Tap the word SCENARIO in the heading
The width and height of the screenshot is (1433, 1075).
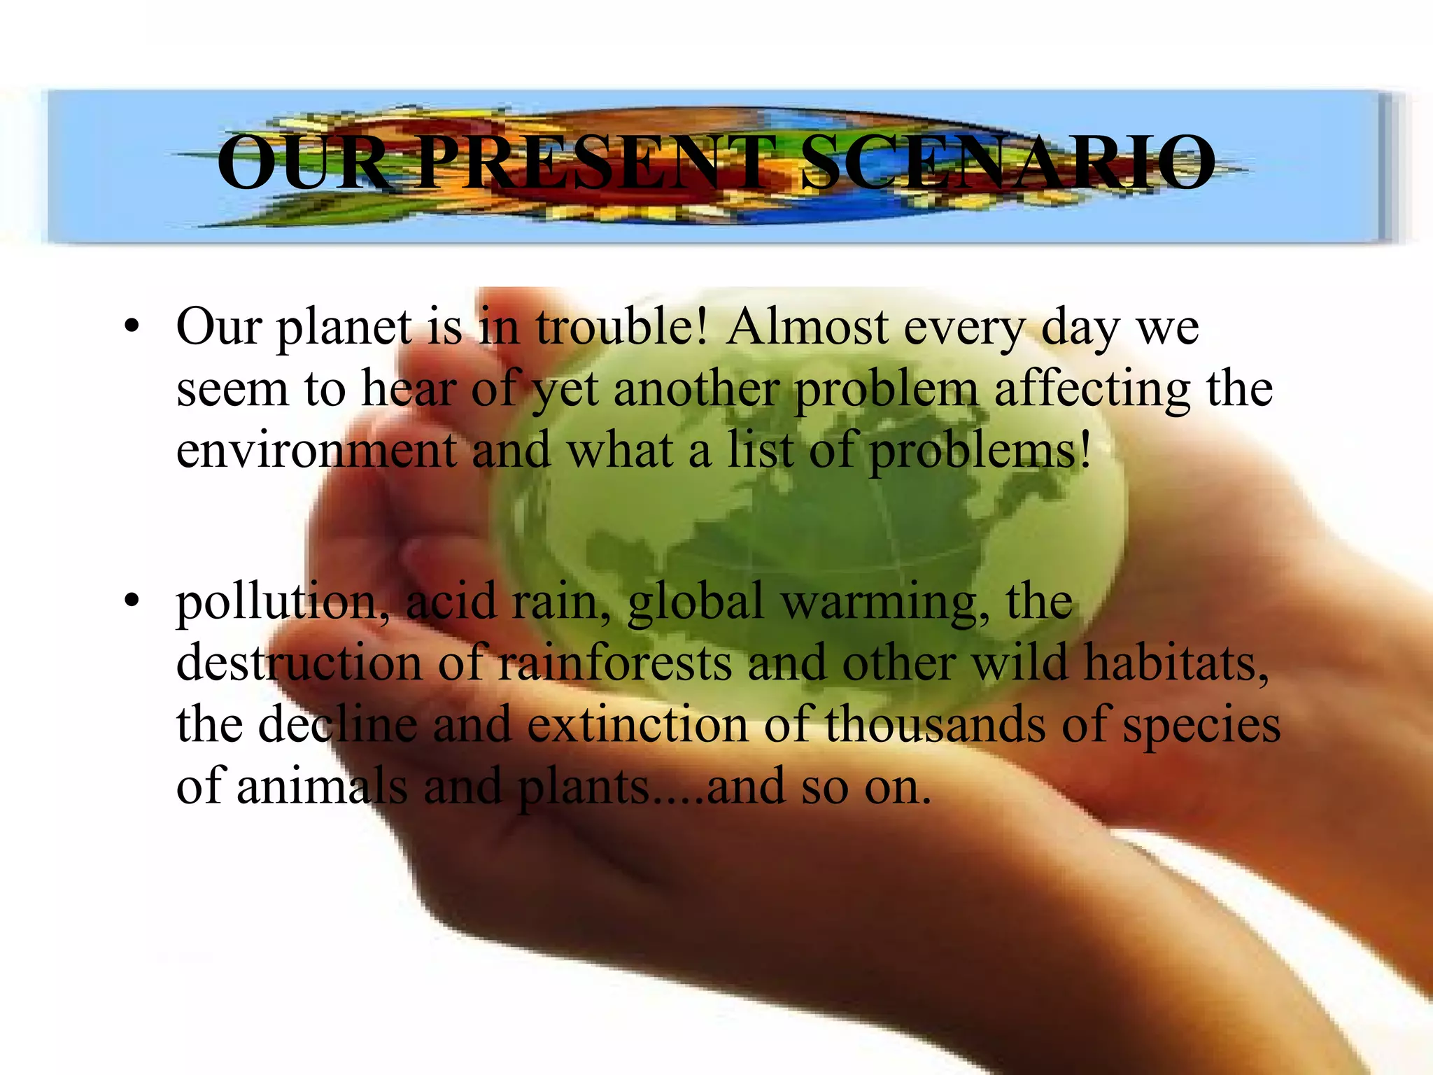1008,162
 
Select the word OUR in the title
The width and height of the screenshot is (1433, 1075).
304,162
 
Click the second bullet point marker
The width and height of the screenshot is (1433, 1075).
131,601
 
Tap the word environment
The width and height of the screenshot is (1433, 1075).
316,450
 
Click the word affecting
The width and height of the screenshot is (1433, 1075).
1092,388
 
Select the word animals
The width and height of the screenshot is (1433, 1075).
322,786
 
